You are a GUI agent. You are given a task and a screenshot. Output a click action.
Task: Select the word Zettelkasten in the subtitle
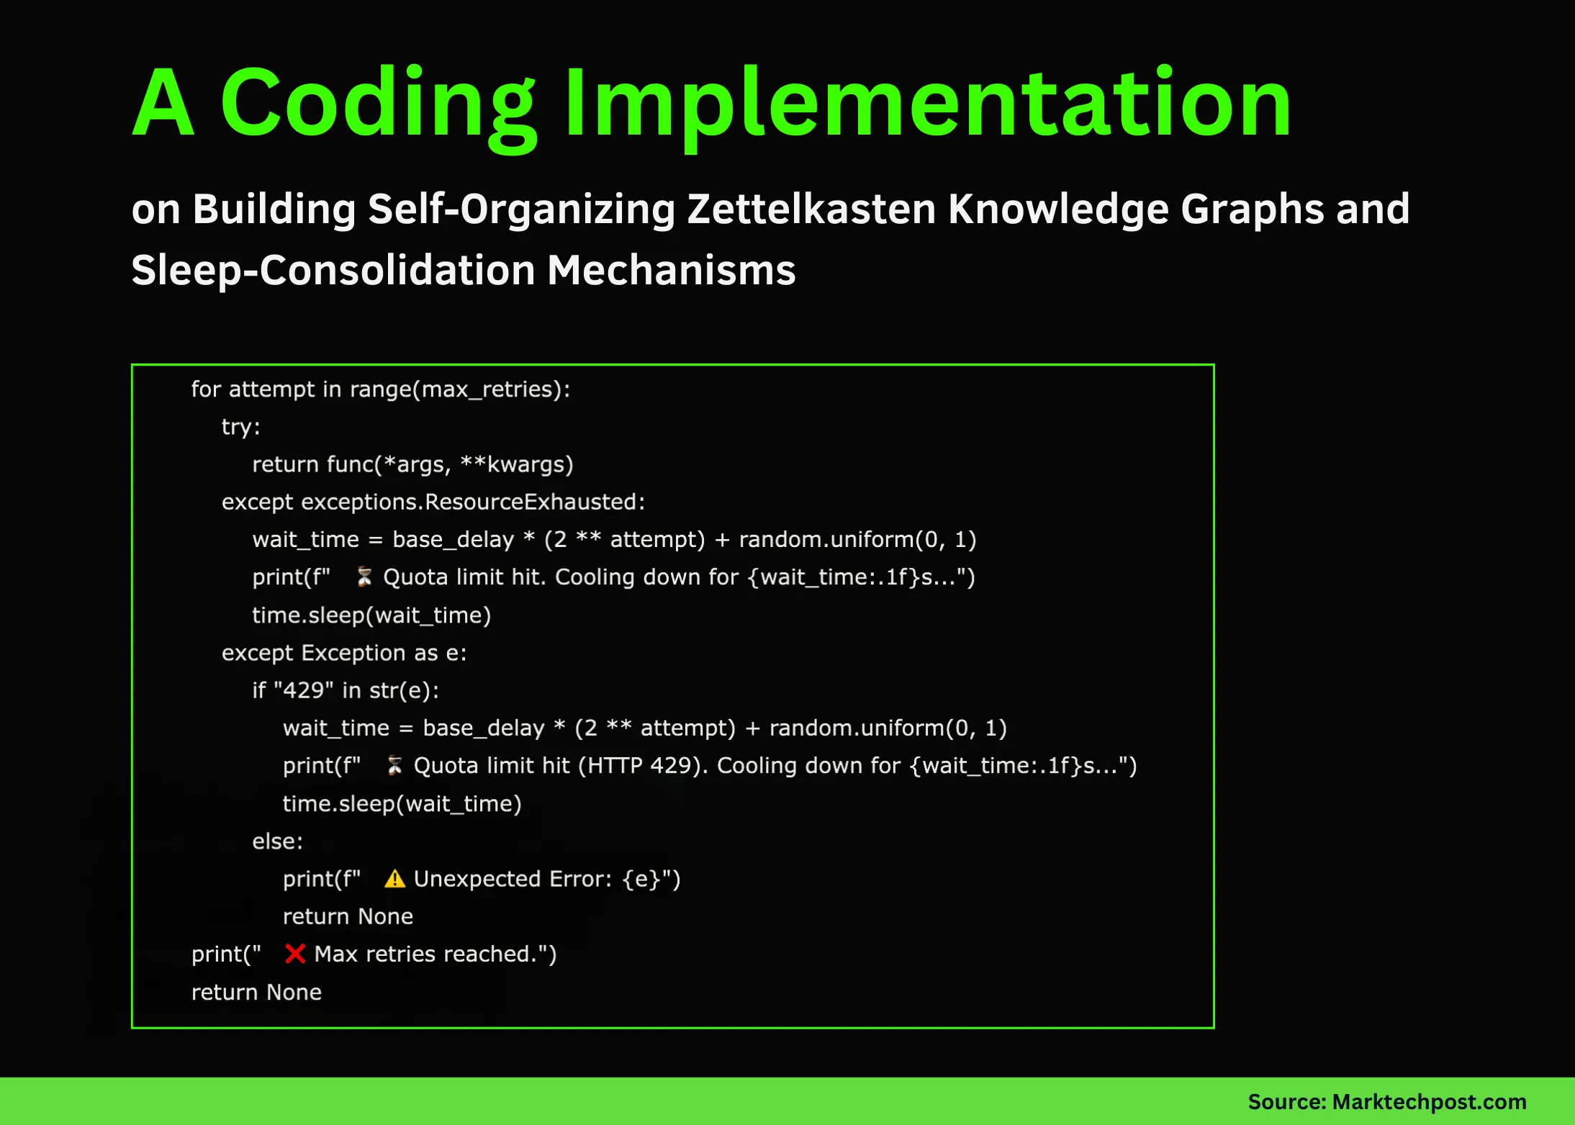811,209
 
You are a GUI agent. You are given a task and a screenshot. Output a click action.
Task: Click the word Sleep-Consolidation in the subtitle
333,270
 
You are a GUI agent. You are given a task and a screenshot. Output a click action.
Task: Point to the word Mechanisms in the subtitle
671,270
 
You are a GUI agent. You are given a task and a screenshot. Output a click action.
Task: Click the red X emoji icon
294,954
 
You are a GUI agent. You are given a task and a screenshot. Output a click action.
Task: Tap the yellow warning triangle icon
394,879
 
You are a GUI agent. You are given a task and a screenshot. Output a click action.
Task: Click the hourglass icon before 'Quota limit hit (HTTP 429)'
394,766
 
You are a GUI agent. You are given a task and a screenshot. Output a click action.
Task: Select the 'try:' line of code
240,427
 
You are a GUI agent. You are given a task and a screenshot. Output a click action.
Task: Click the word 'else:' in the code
277,841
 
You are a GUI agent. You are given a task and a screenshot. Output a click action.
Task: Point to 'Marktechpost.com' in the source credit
1429,1101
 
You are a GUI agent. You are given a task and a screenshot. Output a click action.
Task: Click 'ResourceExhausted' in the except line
534,502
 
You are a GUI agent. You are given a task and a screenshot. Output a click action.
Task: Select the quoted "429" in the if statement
303,690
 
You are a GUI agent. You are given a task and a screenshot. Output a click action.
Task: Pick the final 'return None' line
256,992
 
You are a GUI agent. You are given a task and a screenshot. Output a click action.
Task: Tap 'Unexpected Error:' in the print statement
513,879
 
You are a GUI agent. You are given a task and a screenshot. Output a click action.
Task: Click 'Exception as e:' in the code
383,653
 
